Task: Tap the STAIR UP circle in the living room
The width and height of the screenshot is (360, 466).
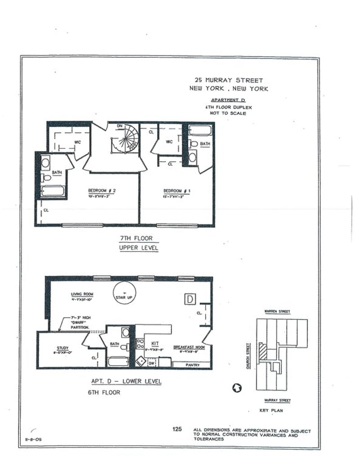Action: tap(125, 293)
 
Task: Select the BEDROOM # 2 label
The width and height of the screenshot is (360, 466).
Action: tap(102, 190)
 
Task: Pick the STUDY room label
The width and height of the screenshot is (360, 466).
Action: tap(63, 348)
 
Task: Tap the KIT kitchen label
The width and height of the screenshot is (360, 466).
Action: tap(155, 343)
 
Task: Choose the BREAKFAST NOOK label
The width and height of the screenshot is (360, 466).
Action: tap(189, 347)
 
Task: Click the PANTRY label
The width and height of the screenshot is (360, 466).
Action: tap(193, 365)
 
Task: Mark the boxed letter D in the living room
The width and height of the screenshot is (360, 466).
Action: tap(190, 298)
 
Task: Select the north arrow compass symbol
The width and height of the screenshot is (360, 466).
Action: tap(237, 387)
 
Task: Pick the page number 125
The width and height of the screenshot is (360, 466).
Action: tap(177, 430)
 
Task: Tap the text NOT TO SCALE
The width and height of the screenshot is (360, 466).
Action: tap(228, 113)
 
